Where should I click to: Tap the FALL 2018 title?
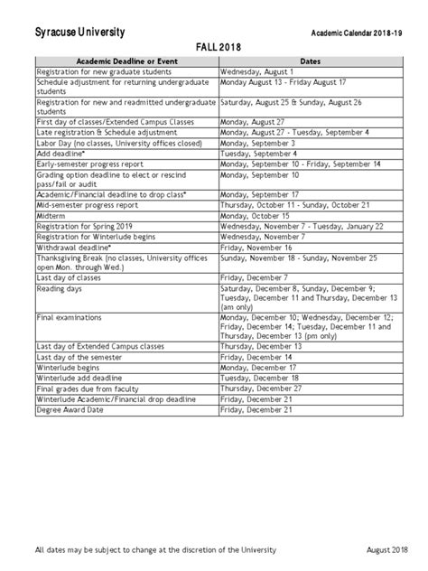[213, 47]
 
